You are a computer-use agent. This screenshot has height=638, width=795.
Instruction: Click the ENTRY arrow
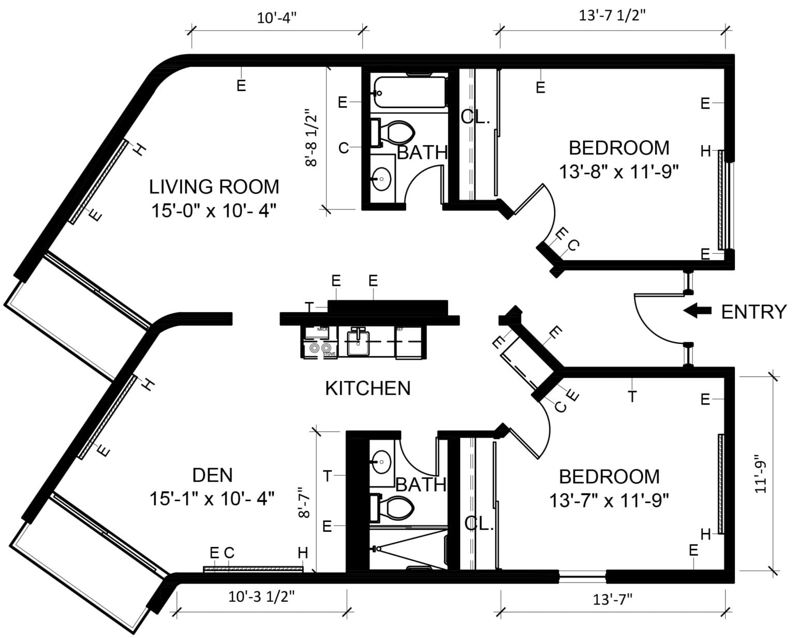click(697, 311)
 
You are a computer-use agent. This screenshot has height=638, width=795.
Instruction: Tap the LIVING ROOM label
click(214, 186)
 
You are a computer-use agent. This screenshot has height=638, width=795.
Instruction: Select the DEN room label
click(212, 475)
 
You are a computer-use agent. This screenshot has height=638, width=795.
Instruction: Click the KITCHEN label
click(367, 388)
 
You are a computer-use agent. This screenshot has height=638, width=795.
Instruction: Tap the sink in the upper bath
click(382, 179)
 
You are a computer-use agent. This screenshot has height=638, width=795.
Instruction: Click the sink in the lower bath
click(382, 460)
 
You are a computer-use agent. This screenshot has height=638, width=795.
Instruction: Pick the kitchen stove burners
click(319, 349)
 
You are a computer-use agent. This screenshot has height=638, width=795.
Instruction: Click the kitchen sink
click(357, 342)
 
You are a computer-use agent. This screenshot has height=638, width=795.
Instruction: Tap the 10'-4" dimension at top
click(277, 18)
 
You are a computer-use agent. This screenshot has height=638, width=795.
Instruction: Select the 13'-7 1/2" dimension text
click(612, 15)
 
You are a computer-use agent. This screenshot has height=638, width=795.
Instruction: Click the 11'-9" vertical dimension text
click(759, 474)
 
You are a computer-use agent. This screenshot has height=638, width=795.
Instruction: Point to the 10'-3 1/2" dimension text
click(261, 597)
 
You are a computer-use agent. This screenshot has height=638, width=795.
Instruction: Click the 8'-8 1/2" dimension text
click(311, 138)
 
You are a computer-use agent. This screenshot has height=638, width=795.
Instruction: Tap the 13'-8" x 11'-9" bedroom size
click(619, 171)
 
